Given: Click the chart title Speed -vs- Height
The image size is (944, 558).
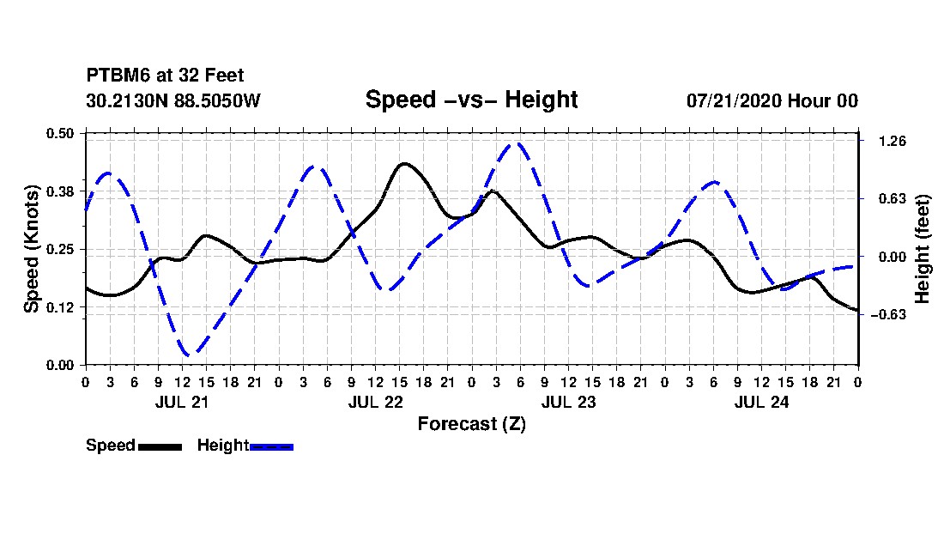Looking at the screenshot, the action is coord(471,100).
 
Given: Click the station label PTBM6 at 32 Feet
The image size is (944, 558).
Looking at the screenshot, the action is coord(165,76).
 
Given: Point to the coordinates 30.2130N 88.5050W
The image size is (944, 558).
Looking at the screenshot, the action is coord(172,100).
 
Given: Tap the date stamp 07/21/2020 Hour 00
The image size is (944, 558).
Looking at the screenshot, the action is coord(772,100).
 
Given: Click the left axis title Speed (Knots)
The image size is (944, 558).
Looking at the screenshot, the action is coord(31,249).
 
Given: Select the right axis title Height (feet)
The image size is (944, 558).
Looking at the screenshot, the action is coord(922,249).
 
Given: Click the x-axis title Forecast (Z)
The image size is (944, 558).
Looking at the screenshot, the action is coord(471,424).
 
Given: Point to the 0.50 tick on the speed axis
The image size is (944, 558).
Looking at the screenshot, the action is coord(60,133).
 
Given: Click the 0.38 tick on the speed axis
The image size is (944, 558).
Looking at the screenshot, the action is coord(60,191).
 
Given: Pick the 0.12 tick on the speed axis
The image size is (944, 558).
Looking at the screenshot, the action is coord(60,307).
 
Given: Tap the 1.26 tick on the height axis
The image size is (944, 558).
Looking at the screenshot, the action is coord(893,141).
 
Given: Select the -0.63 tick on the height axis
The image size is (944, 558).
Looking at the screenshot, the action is coord(887,314).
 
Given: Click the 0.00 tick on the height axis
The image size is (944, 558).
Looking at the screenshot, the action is coord(893,257).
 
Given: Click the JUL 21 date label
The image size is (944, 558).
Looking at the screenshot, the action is coord(182,402).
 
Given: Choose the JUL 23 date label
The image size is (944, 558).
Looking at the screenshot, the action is coord(568,402).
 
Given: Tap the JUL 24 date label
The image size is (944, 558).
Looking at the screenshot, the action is coord(761,402).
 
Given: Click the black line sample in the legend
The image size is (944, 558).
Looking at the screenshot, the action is coord(160,446).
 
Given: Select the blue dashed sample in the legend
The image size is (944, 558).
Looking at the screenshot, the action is coord(271,446).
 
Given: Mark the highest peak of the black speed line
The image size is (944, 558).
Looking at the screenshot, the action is coord(404,163).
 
